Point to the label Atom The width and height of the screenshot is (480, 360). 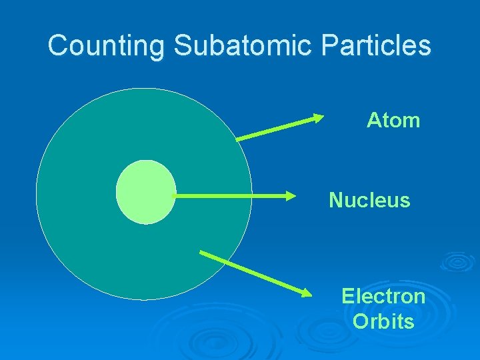pyautogui.click(x=393, y=121)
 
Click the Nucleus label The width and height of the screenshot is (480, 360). pyautogui.click(x=369, y=200)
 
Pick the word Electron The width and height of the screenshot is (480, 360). pyautogui.click(x=383, y=296)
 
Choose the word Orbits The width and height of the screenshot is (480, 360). pyautogui.click(x=383, y=321)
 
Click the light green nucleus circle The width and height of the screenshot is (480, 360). pyautogui.click(x=146, y=192)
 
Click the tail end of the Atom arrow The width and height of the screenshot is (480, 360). pyautogui.click(x=238, y=140)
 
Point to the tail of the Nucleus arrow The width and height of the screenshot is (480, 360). pyautogui.click(x=173, y=196)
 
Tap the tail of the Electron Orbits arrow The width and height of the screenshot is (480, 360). pyautogui.click(x=202, y=253)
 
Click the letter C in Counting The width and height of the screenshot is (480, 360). pyautogui.click(x=58, y=46)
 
